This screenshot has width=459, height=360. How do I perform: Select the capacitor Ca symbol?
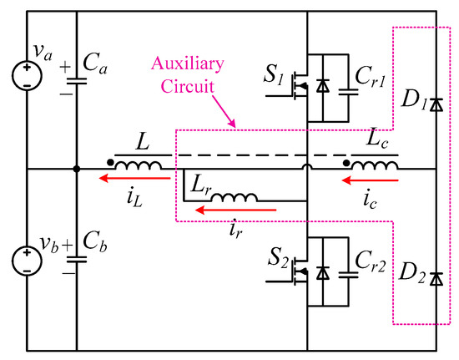pyautogui.click(x=78, y=80)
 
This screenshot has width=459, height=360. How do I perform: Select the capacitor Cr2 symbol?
pyautogui.click(x=342, y=272)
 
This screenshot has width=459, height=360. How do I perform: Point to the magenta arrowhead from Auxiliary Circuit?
pyautogui.click(x=235, y=126)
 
